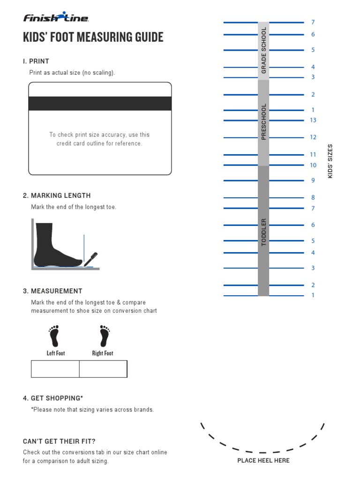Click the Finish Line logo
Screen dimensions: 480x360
coord(56,18)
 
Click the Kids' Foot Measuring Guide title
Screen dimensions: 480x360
coord(93,37)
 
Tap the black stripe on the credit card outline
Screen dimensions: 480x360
coord(100,104)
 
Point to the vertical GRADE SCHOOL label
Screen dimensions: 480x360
coord(263,50)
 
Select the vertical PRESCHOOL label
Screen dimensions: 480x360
coord(263,121)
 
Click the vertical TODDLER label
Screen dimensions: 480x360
coord(263,232)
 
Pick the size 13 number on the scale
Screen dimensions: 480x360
coord(313,120)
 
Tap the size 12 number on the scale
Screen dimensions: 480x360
coord(313,137)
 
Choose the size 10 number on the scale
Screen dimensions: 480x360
coord(313,165)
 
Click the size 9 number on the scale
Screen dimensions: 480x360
coord(313,180)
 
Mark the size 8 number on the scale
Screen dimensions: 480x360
coord(313,198)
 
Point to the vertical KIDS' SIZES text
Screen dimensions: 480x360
coord(330,161)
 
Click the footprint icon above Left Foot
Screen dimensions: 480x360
coord(55,336)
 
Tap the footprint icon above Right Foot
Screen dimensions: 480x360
coord(103,336)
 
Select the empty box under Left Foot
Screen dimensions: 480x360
coord(55,369)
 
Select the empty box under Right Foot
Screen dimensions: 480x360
coord(103,369)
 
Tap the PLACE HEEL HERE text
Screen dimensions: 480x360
coord(263,460)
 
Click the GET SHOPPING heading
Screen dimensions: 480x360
coord(53,398)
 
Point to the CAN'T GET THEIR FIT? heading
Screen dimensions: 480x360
coord(59,441)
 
